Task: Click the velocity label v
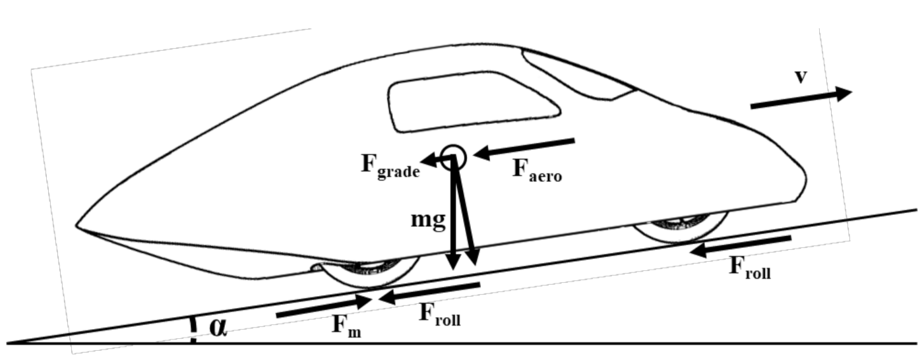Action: [x=800, y=76]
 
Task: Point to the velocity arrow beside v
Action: [x=801, y=99]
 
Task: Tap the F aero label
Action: [x=537, y=170]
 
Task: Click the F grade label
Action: [x=390, y=165]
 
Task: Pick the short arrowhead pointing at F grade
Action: [x=431, y=159]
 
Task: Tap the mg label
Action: [x=429, y=220]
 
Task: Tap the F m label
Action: [x=346, y=326]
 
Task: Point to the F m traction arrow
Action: [x=324, y=307]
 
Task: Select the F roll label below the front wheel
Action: [x=749, y=267]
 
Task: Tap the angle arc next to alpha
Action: [x=193, y=329]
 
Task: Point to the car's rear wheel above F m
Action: [x=366, y=270]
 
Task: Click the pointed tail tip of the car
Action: [x=78, y=227]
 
